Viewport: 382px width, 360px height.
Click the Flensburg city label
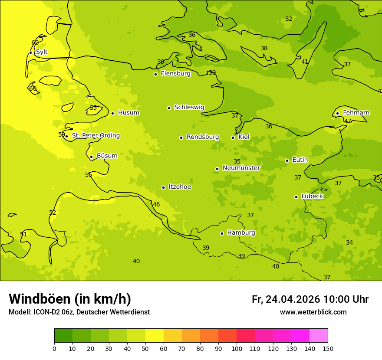175,74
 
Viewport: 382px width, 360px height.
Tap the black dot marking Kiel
233,137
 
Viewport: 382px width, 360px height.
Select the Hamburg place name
241,233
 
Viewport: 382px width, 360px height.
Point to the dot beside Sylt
30,52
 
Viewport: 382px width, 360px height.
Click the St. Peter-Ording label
95,136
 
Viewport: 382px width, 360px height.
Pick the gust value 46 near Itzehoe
156,204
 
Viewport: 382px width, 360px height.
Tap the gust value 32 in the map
289,19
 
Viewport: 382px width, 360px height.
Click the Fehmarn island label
356,113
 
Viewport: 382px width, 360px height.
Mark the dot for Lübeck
296,197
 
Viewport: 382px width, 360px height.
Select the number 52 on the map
53,213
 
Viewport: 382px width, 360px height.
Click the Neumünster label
241,168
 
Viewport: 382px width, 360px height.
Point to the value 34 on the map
349,242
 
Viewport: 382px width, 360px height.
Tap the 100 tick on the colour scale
237,348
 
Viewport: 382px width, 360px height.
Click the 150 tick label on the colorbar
327,348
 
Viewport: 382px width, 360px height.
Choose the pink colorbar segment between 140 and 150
319,336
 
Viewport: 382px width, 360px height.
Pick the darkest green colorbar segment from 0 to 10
63,336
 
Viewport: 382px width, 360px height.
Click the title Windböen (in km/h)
70,299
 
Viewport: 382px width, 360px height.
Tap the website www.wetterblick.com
313,312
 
